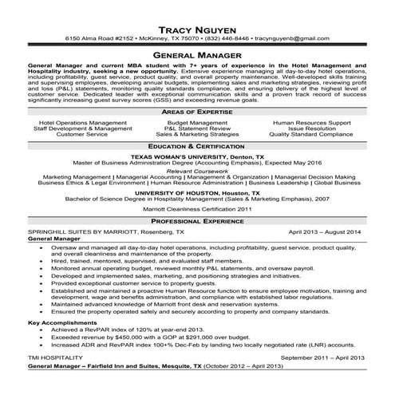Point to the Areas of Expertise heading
click(197, 113)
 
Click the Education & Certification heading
click(197, 147)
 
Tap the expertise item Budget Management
click(197, 122)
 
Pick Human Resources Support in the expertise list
click(311, 122)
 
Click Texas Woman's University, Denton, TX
click(196, 157)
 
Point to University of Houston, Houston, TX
click(196, 192)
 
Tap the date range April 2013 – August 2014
click(325, 231)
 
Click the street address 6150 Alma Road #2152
click(100, 38)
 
